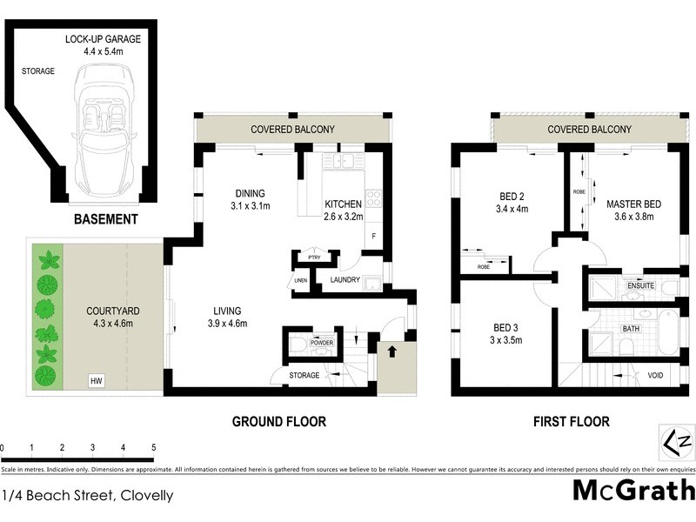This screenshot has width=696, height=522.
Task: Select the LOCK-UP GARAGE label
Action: pyautogui.click(x=102, y=39)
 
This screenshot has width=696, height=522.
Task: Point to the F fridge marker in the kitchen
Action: pyautogui.click(x=373, y=236)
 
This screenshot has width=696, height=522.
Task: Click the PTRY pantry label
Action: pyautogui.click(x=314, y=258)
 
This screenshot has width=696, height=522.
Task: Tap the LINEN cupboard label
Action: pyautogui.click(x=301, y=280)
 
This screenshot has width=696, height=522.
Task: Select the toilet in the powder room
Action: pyautogui.click(x=298, y=345)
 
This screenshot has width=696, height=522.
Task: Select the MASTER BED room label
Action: pyautogui.click(x=633, y=204)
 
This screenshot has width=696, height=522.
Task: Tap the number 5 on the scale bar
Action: pyautogui.click(x=153, y=447)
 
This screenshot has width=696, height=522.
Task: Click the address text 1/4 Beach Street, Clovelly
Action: pyautogui.click(x=87, y=496)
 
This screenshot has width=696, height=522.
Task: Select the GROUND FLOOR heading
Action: pyautogui.click(x=278, y=422)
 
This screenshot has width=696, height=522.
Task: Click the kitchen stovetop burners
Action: pyautogui.click(x=373, y=198)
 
